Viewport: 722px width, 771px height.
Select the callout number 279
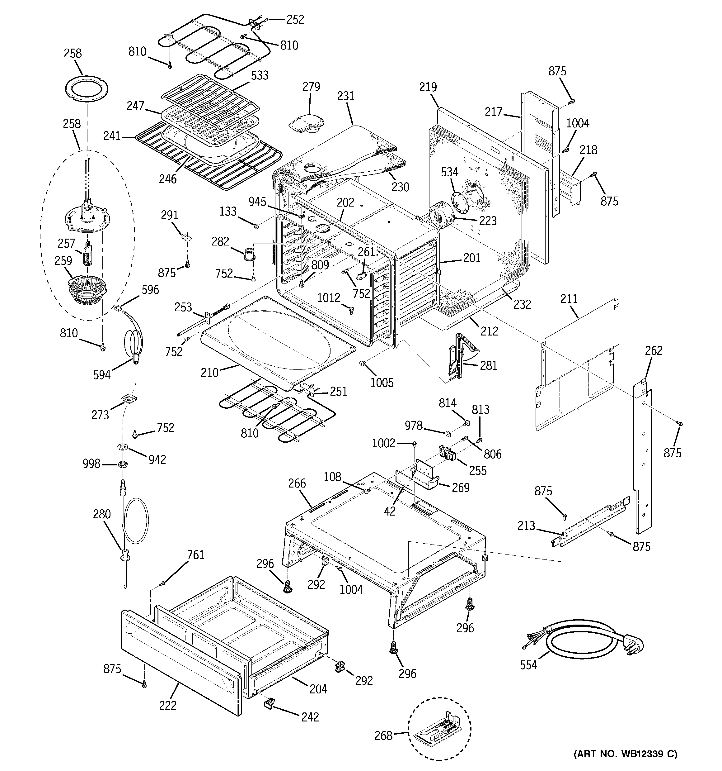click(311, 87)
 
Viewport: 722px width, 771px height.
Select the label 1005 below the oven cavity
click(382, 383)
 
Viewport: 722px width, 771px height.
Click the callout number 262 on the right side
click(654, 350)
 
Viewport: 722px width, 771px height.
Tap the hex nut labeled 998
click(123, 464)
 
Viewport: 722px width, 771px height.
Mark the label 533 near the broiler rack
click(259, 75)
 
